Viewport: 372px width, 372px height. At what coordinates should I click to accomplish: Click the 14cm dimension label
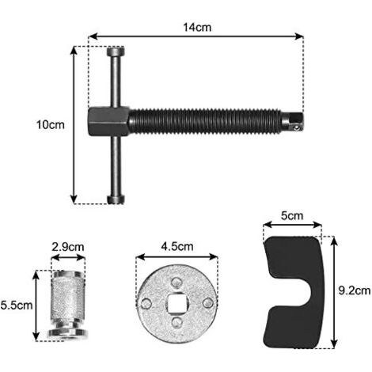197,27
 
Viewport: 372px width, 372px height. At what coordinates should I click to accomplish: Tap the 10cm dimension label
50,125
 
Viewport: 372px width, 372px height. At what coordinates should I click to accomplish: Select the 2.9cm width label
68,247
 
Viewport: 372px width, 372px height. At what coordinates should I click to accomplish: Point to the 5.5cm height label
17,306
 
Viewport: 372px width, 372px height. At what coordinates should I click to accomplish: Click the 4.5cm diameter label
177,246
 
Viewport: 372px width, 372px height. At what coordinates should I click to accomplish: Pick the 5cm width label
292,216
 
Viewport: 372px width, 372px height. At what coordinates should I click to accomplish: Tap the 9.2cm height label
355,290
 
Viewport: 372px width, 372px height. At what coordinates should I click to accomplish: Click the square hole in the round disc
177,304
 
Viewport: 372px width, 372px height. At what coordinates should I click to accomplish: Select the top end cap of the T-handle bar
116,51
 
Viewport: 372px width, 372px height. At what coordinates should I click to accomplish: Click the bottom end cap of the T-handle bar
116,199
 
